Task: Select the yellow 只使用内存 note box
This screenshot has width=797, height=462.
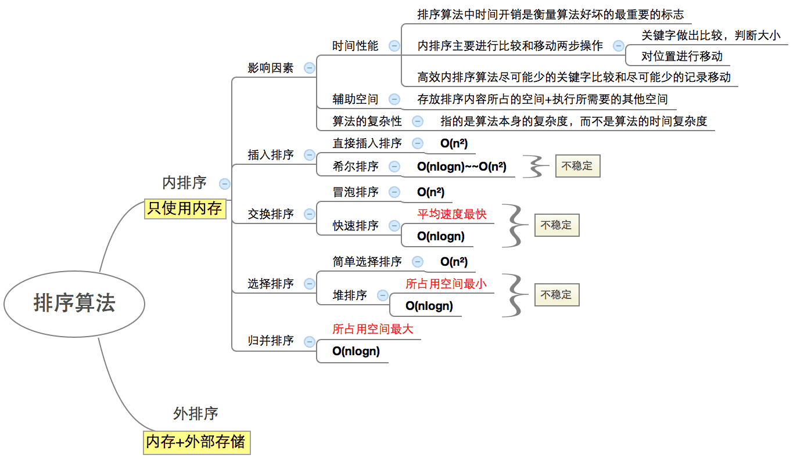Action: [x=185, y=208]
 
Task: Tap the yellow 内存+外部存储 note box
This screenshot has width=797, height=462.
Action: [x=196, y=442]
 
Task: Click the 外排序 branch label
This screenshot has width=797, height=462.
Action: [x=196, y=414]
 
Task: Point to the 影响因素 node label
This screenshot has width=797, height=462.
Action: [x=271, y=68]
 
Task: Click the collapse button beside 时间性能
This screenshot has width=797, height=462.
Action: [x=394, y=46]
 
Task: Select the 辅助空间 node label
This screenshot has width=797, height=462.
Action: [x=355, y=99]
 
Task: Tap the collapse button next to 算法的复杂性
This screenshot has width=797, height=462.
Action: [x=418, y=121]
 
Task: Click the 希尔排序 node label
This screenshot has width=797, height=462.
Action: [x=356, y=167]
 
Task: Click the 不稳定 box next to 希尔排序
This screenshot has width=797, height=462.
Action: [x=577, y=166]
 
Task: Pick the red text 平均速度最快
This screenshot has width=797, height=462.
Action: [x=451, y=214]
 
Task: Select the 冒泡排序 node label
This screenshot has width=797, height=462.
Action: [x=356, y=192]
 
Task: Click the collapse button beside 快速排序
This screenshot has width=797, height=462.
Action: [x=394, y=225]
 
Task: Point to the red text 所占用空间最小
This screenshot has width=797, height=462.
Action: [x=446, y=284]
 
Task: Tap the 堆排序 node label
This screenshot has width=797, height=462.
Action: [x=350, y=295]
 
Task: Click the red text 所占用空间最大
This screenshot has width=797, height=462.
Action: [x=372, y=329]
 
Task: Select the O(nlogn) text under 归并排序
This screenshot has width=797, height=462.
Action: [x=356, y=351]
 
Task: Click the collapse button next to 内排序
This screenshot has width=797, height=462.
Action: [x=225, y=184]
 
